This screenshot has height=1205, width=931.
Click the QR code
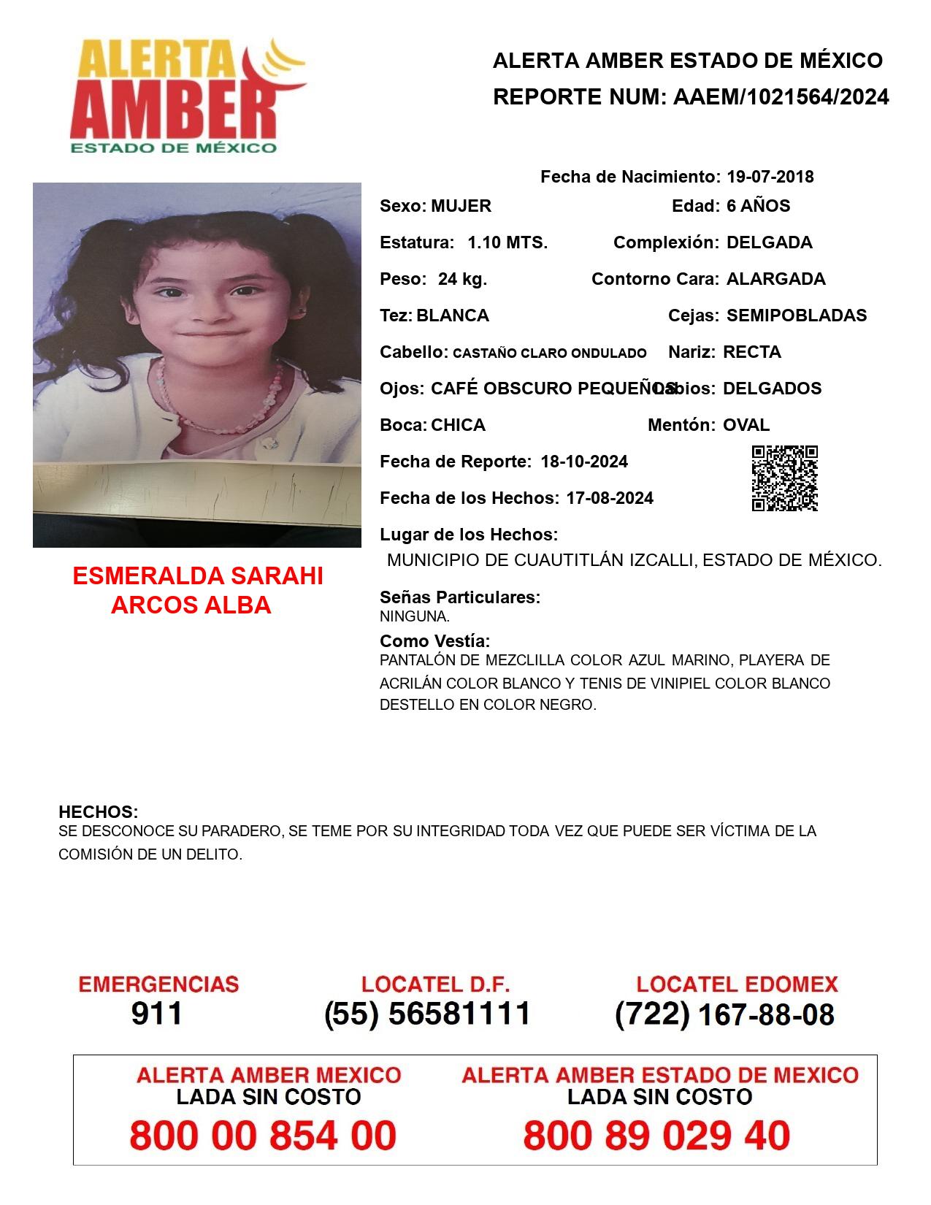(784, 478)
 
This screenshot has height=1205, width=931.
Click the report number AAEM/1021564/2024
(781, 97)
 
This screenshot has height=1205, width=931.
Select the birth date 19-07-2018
(770, 177)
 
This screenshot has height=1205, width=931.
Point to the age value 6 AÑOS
(758, 206)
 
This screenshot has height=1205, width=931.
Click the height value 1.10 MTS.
(507, 242)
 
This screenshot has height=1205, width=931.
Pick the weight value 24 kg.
(462, 279)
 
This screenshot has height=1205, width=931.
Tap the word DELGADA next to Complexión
(769, 242)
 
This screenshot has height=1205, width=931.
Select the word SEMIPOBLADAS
(797, 315)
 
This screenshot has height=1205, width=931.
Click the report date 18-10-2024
(584, 462)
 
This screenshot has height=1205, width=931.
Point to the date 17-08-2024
(610, 498)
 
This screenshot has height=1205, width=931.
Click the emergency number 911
(157, 1014)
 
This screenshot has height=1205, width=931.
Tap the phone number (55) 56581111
(427, 1014)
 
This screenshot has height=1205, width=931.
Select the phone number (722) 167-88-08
(724, 1014)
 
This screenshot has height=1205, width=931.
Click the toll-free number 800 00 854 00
(263, 1136)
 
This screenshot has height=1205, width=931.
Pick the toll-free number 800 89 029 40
(656, 1136)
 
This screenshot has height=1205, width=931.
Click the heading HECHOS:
(99, 812)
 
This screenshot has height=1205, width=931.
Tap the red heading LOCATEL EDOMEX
(737, 984)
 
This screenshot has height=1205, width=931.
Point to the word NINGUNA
(414, 616)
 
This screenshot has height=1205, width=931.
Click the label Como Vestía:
(434, 641)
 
